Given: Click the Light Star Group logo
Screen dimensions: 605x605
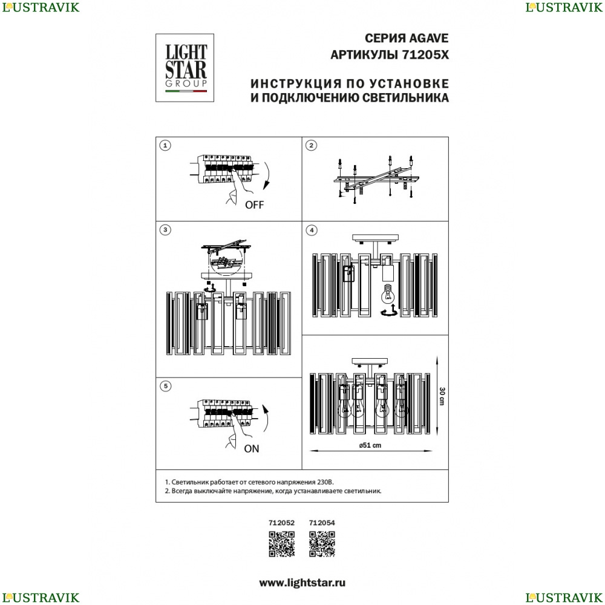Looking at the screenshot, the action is [185, 68].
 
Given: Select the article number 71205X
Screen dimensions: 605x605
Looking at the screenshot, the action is [425, 55].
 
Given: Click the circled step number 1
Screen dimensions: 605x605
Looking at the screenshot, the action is [165, 145].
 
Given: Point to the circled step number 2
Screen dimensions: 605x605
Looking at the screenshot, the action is [312, 145].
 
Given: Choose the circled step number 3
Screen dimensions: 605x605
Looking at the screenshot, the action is [165, 230].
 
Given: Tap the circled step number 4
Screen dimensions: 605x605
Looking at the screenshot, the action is [312, 231].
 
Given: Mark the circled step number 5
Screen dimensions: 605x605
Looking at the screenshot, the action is [166, 386].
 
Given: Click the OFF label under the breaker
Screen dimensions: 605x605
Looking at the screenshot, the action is [254, 205].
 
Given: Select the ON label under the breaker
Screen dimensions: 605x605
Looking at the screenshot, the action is [252, 449].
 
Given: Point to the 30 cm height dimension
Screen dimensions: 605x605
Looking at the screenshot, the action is [442, 396].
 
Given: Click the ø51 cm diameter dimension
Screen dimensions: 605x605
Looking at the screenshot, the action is [370, 445].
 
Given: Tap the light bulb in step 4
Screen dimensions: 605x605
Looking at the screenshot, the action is [388, 295].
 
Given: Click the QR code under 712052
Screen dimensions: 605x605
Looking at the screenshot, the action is [282, 544].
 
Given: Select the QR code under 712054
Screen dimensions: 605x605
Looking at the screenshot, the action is [322, 544].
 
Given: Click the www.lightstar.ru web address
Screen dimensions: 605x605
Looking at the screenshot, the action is [302, 583].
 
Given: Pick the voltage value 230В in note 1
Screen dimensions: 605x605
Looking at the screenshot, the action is [325, 482].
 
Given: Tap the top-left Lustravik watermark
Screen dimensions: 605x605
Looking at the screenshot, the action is [41, 7].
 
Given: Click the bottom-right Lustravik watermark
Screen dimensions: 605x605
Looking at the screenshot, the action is [564, 597].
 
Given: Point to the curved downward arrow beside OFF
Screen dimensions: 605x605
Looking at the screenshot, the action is [268, 175].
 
